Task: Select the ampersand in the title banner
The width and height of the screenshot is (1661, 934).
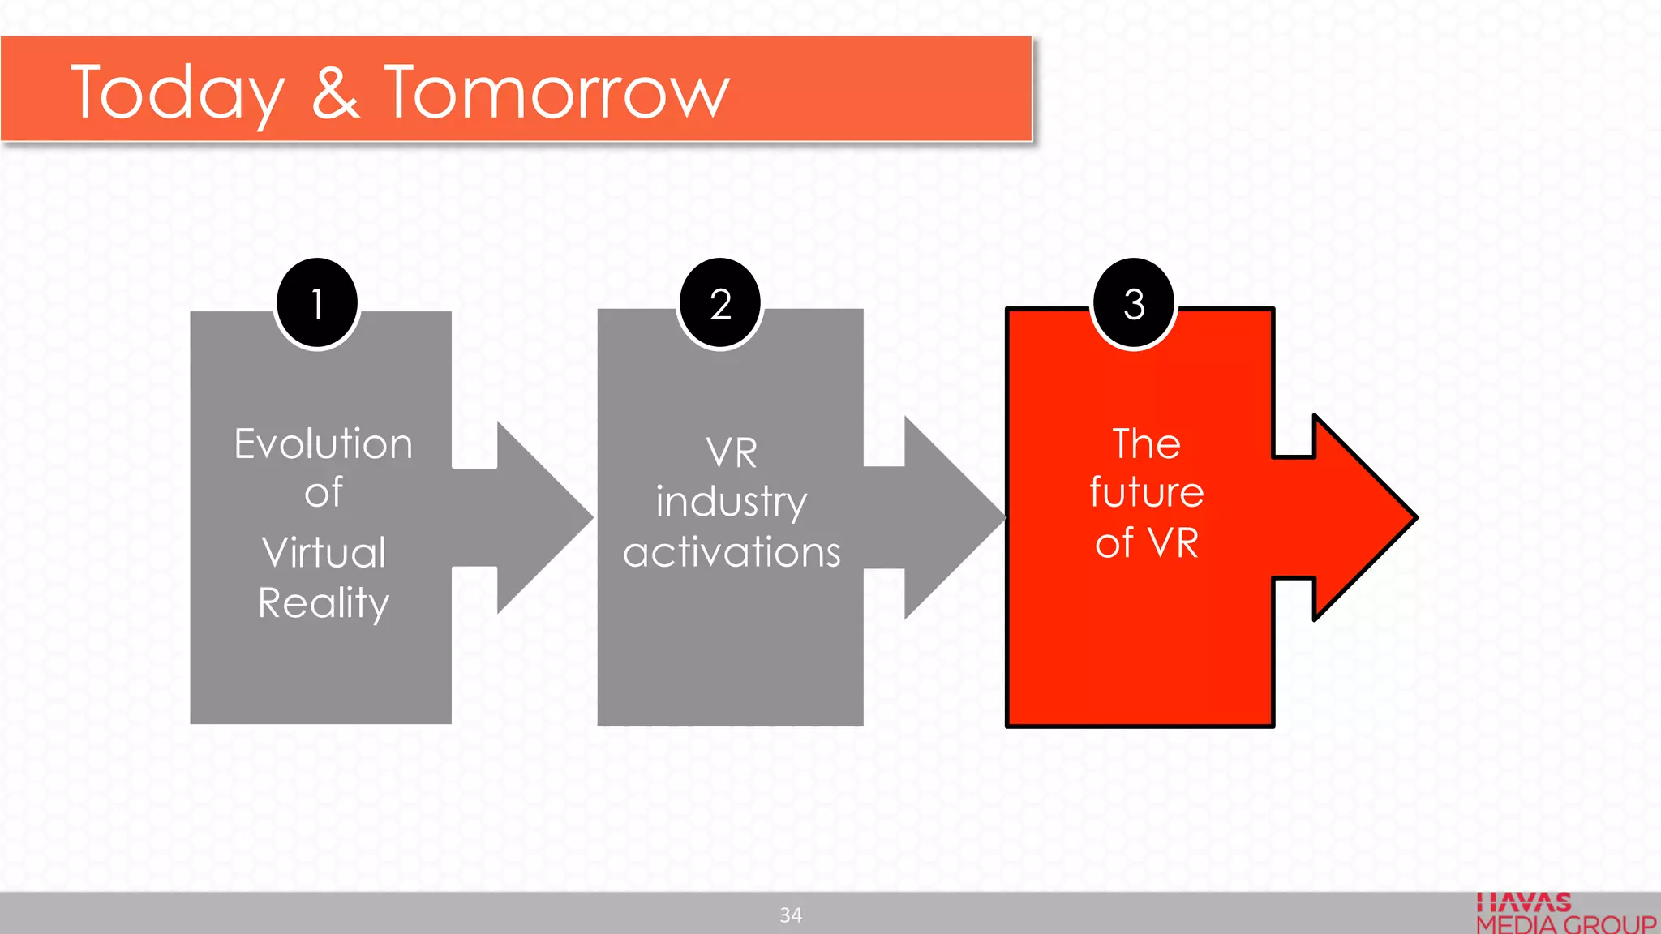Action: coord(335,92)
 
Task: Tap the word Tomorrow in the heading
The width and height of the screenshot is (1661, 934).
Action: coord(556,92)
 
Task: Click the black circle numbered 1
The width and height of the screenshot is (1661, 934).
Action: coord(317,304)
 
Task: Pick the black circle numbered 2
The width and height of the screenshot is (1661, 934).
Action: coord(720,304)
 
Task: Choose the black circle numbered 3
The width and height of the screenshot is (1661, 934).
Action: coord(1134,304)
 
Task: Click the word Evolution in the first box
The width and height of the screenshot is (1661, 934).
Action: coord(324,444)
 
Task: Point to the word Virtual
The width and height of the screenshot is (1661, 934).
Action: coord(324,553)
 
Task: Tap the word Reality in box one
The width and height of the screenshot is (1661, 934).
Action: coord(324,603)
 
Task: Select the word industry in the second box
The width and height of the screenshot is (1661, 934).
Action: coord(731,502)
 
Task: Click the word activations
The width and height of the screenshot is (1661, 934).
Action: coord(731,552)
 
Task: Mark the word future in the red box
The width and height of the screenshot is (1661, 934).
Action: coord(1146,492)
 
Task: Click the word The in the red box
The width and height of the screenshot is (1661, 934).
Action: coord(1146,443)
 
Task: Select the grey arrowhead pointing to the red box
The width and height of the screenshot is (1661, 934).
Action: coord(949,517)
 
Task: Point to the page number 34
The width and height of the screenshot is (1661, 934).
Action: coord(791,915)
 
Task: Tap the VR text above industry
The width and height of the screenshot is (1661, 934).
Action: coord(731,452)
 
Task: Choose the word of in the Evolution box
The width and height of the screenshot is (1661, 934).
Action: coord(324,493)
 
